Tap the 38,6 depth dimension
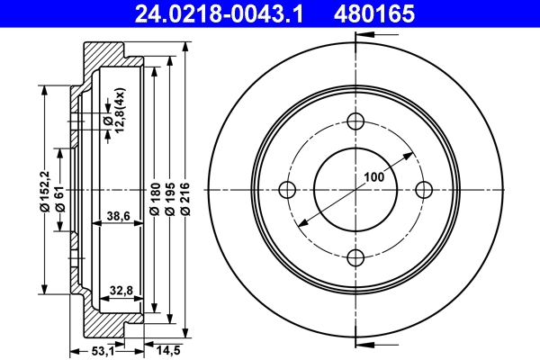coord(118,217)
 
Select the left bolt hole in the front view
coord(288,190)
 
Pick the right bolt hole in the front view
coord(422,190)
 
